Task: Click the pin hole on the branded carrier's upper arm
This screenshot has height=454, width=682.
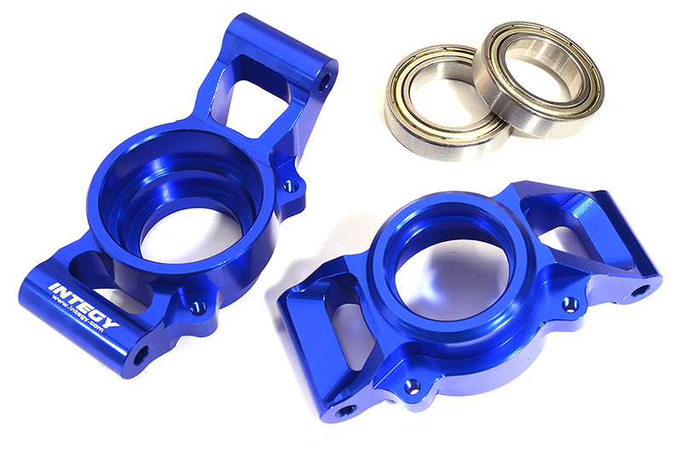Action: (324, 83)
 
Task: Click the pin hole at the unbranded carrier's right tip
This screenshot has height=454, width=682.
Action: (639, 291)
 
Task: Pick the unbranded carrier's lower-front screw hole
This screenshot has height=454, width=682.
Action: (413, 386)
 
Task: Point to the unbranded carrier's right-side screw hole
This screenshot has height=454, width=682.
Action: (569, 302)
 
